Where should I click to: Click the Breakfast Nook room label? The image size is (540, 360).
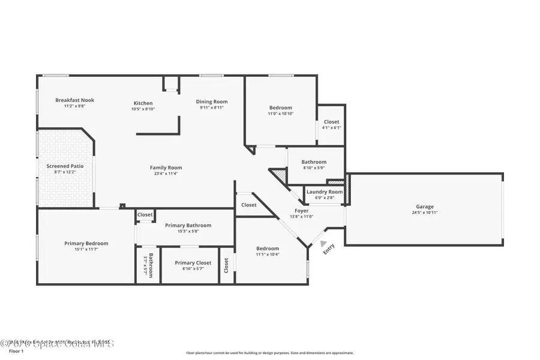click(75, 100)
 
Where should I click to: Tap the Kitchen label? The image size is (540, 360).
click(143, 103)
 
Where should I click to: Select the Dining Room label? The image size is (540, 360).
click(212, 101)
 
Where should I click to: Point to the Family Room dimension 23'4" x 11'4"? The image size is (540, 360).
click(166, 173)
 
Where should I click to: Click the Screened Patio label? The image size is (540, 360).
click(65, 166)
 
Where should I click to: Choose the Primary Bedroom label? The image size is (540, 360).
click(86, 243)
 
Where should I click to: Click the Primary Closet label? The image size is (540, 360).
click(193, 263)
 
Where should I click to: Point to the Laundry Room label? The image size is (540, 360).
click(325, 192)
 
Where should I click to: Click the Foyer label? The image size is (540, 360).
click(301, 211)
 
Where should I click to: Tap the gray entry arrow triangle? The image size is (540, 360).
click(324, 244)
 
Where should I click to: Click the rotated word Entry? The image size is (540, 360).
click(328, 251)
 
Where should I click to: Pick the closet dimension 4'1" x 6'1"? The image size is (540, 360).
click(331, 127)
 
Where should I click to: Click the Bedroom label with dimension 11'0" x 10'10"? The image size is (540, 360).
click(280, 107)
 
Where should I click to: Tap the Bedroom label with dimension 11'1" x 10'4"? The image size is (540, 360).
click(268, 248)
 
